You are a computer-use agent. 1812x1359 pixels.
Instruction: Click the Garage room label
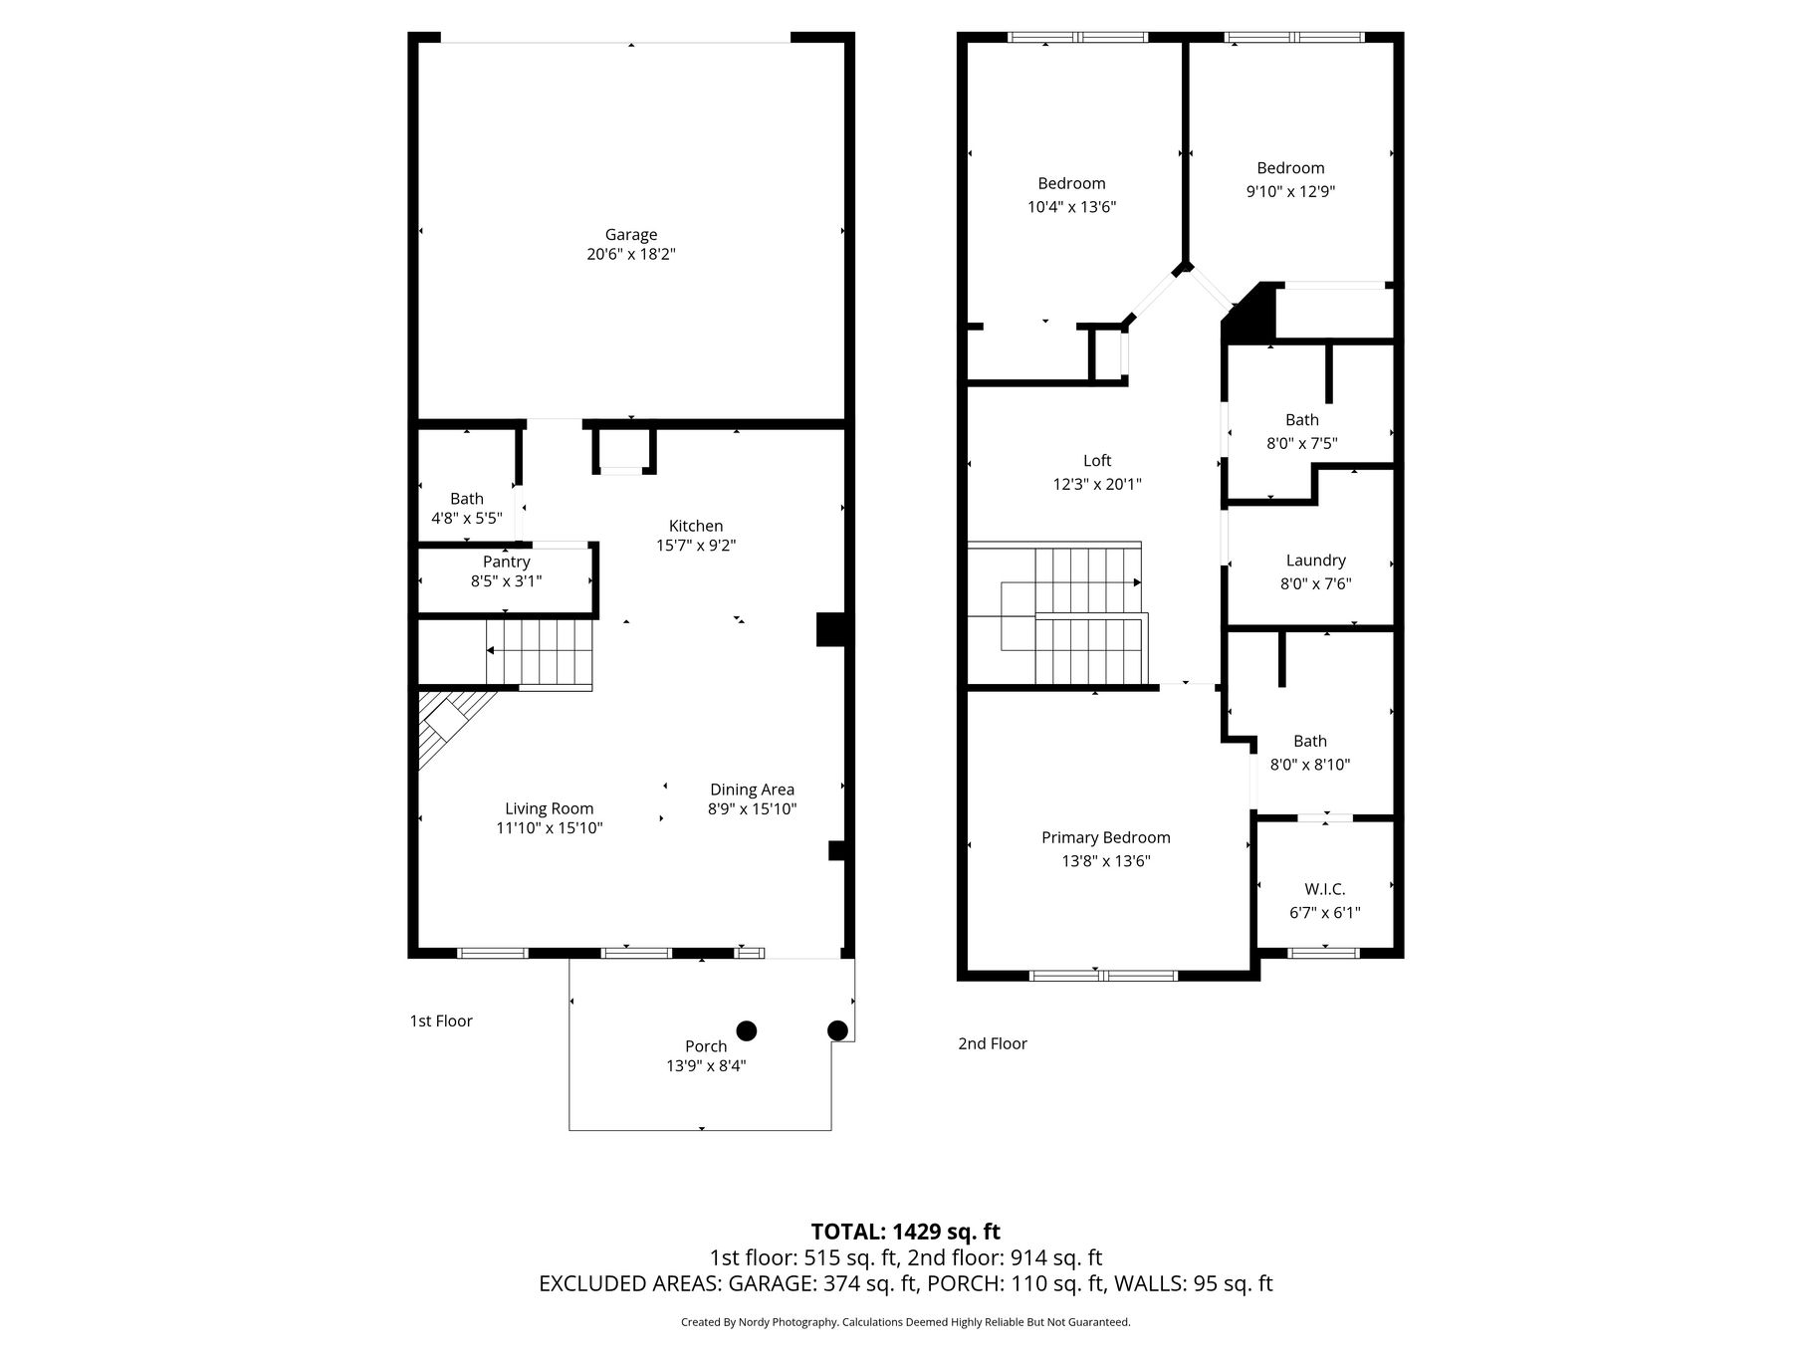pos(631,235)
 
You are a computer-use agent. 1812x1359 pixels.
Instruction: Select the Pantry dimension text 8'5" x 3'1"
pos(507,581)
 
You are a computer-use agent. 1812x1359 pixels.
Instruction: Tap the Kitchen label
pos(696,526)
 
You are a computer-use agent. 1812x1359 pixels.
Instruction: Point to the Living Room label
pos(550,809)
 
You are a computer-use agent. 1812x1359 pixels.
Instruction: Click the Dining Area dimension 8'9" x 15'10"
pos(753,809)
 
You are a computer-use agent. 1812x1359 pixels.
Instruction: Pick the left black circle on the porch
pos(746,1030)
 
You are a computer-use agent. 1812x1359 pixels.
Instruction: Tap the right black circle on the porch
pos(838,1030)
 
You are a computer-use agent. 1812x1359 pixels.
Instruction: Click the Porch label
pos(706,1046)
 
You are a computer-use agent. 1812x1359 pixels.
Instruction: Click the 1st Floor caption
pos(441,1021)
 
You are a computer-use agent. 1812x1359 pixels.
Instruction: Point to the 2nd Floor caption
pos(993,1043)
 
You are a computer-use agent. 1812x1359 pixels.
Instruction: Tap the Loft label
pos(1097,461)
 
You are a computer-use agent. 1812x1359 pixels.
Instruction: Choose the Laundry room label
pos(1316,562)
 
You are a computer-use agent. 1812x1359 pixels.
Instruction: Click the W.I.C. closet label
pos(1325,889)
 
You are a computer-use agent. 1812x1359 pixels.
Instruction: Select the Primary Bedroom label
pos(1106,838)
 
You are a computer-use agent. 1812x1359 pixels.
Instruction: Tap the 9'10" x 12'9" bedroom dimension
pos(1291,192)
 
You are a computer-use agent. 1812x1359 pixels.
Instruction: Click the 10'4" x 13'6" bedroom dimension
pos(1072,207)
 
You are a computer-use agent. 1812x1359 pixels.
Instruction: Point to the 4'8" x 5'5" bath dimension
pos(467,519)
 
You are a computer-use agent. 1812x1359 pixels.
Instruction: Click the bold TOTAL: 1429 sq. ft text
pos(906,1233)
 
